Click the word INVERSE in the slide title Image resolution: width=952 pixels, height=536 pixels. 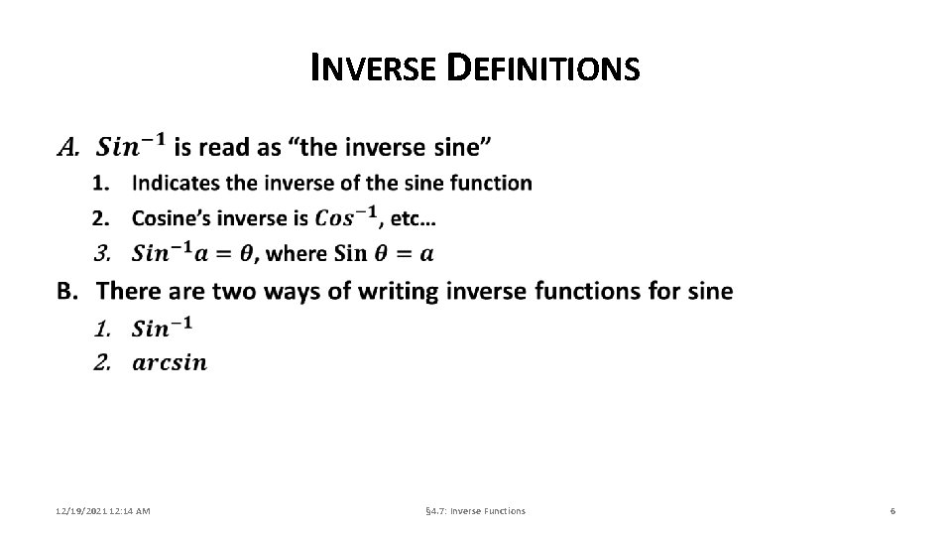[371, 68]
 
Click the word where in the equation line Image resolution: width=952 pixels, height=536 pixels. [297, 253]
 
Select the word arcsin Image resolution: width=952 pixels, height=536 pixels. [170, 362]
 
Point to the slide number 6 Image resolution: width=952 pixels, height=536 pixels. [892, 510]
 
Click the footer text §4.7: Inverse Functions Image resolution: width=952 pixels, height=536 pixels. [475, 510]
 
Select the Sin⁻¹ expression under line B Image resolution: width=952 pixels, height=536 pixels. [162, 326]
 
